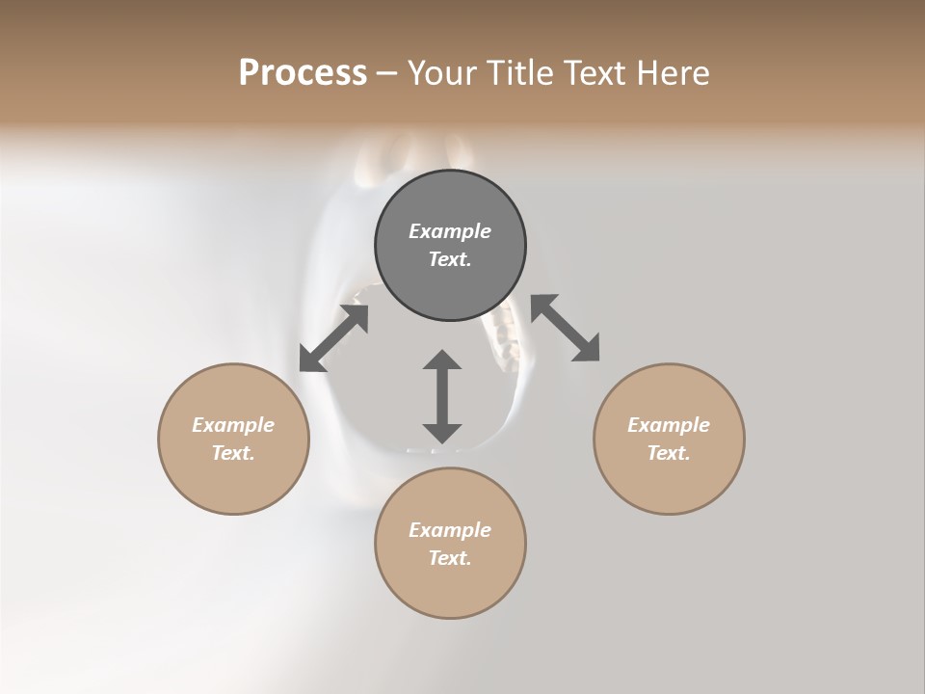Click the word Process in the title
point(303,72)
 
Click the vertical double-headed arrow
point(442,397)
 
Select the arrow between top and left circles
point(334,337)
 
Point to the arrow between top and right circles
point(566,329)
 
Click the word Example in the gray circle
point(450,231)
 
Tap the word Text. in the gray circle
point(450,259)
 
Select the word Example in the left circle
point(233,425)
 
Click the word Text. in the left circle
point(233,453)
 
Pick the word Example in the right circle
point(669,425)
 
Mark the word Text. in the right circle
point(669,453)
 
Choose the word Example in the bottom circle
point(450,530)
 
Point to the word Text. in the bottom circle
point(450,558)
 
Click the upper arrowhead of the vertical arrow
point(442,360)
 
